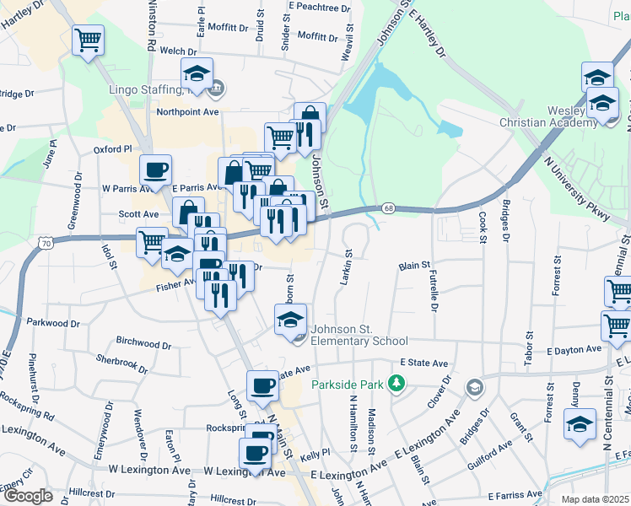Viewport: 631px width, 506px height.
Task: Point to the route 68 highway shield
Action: (387, 207)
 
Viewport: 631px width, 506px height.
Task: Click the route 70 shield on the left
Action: (45, 243)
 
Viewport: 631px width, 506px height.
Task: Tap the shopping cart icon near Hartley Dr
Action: (88, 39)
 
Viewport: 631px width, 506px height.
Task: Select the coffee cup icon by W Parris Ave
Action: (155, 170)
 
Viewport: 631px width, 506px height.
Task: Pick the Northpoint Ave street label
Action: (187, 111)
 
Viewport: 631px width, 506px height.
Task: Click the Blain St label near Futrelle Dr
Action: (414, 266)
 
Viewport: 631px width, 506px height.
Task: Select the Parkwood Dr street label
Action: (52, 322)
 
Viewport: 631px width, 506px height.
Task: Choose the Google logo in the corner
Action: (28, 496)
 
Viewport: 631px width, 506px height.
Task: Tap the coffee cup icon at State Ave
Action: (262, 385)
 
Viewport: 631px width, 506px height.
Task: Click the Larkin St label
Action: (345, 268)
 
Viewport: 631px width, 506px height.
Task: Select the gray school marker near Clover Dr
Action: (474, 387)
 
